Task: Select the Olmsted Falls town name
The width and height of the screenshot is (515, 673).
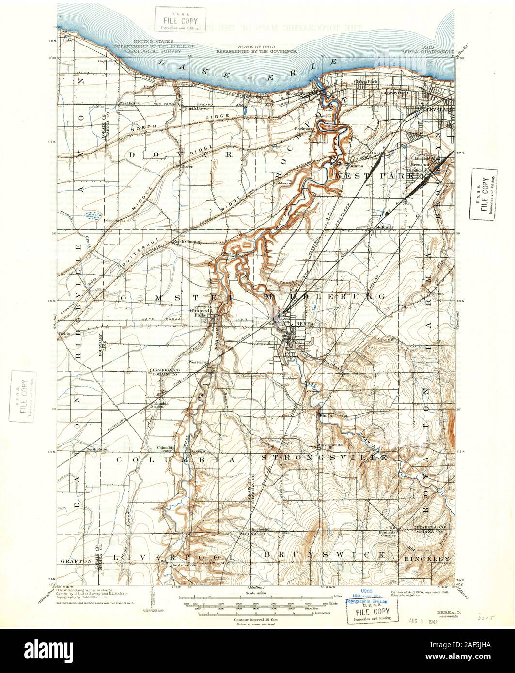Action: [201, 312]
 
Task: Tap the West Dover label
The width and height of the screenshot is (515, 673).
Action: [130, 103]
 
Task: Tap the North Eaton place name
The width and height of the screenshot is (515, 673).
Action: [97, 449]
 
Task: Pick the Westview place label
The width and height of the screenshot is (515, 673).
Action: [198, 362]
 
